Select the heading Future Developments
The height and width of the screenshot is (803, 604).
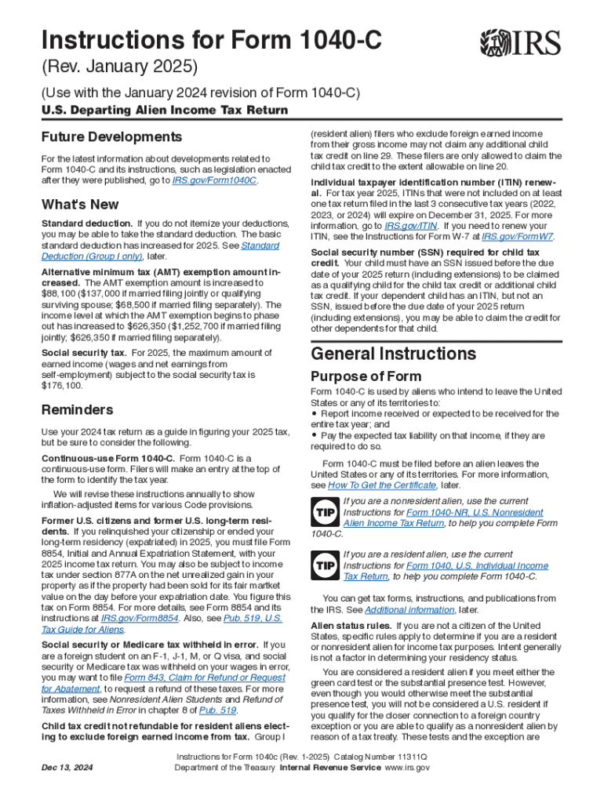pos(111,136)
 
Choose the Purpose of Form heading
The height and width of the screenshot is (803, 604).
pos(366,376)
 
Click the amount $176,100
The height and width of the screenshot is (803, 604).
pos(62,386)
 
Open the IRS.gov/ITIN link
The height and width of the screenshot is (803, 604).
pos(417,224)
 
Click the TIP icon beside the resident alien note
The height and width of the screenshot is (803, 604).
pos(325,565)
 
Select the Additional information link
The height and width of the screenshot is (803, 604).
pos(402,609)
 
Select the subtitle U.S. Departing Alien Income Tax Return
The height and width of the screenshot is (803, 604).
pos(164,110)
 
